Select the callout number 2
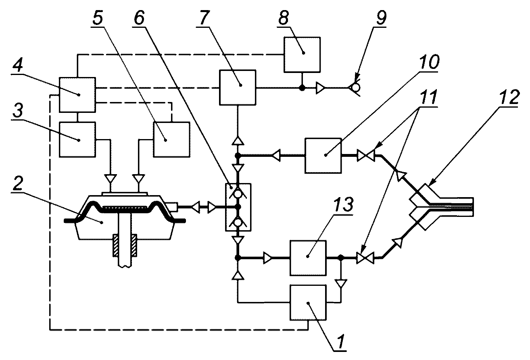pyautogui.click(x=18, y=183)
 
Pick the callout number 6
pyautogui.click(x=139, y=18)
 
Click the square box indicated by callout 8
pyautogui.click(x=302, y=54)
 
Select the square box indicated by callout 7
pyautogui.click(x=238, y=87)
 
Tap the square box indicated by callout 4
pyautogui.click(x=77, y=95)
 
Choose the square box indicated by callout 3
pyautogui.click(x=77, y=139)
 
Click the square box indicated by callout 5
pyautogui.click(x=171, y=139)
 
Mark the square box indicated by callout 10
pyautogui.click(x=323, y=156)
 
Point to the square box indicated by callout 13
pyautogui.click(x=308, y=258)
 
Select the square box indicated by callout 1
pyautogui.click(x=308, y=302)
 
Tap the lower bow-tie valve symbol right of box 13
pyautogui.click(x=365, y=258)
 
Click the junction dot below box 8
pyautogui.click(x=302, y=88)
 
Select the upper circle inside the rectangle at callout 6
pyautogui.click(x=238, y=194)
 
